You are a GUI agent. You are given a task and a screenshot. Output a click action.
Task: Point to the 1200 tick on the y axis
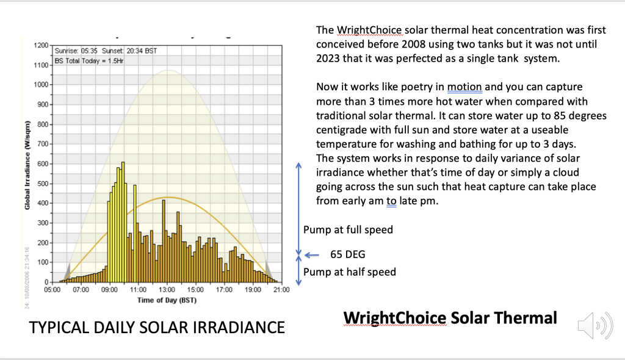pos(42,46)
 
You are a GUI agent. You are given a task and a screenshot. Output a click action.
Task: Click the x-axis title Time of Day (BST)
pos(167,300)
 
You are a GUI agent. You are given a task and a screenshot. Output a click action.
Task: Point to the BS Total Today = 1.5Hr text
pos(89,60)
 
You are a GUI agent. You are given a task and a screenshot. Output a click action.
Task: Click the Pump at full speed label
pos(348,230)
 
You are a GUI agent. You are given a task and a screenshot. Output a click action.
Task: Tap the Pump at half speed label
pos(349,272)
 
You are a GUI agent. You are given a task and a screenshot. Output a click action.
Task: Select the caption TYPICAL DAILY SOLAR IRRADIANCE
pos(157,328)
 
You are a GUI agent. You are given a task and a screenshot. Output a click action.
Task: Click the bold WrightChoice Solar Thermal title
pos(450,318)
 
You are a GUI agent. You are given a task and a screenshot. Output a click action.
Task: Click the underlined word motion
pos(464,87)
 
